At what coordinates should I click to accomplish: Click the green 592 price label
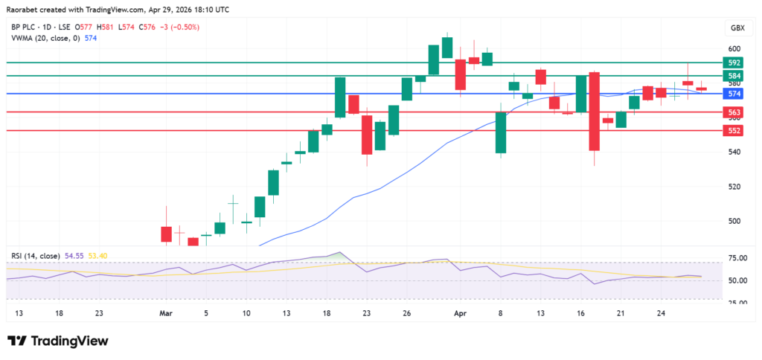tap(734, 63)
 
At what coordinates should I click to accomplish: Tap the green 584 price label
tap(734, 76)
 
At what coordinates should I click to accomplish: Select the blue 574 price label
tap(734, 94)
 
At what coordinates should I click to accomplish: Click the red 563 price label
tap(734, 112)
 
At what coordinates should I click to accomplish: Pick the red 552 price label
tap(734, 131)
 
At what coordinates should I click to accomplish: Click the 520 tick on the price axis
tap(734, 187)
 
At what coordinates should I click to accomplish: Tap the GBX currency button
tap(737, 28)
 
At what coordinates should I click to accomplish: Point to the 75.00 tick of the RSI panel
tap(737, 258)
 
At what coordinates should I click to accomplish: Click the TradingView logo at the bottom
tap(58, 341)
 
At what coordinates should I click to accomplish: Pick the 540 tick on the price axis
tap(734, 152)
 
